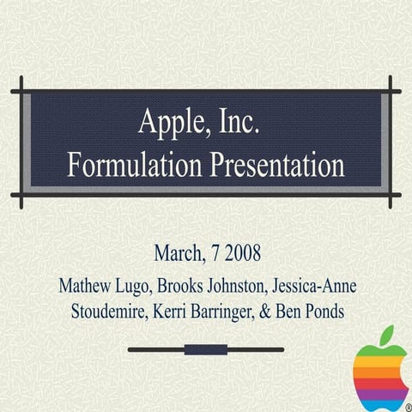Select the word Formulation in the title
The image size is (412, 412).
pyautogui.click(x=136, y=164)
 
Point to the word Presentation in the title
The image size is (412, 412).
pyautogui.click(x=277, y=164)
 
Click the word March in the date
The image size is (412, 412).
pyautogui.click(x=179, y=254)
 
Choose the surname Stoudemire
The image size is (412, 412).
pyautogui.click(x=107, y=311)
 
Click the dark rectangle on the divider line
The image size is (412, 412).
pyautogui.click(x=206, y=349)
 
